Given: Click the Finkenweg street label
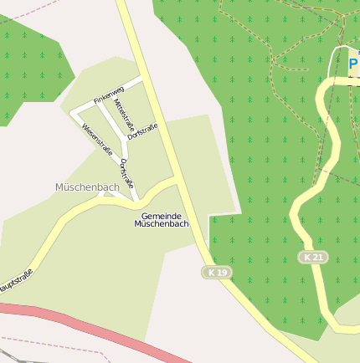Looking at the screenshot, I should point(109,94).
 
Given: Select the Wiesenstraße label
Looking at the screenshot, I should point(97,139).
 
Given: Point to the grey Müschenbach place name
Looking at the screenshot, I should point(87,187).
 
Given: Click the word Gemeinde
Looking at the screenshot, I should point(162,216).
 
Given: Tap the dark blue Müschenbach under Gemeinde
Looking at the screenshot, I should point(162,224).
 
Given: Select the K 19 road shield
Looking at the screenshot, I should point(218,273).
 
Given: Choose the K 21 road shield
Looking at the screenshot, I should point(313,257).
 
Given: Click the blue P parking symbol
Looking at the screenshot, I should point(352,64).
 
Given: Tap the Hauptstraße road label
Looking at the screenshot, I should point(14,282).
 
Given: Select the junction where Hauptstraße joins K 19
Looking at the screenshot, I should point(179,179).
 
